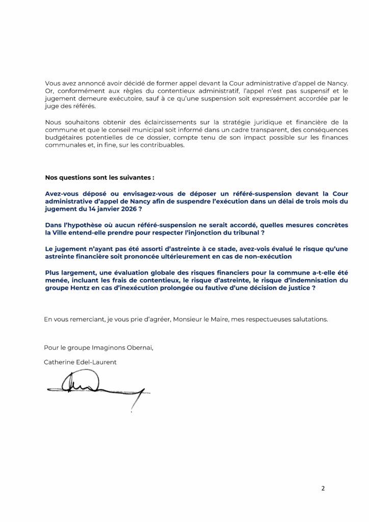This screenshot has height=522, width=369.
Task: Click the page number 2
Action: [x=323, y=488]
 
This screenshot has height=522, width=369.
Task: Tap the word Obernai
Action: [x=138, y=348]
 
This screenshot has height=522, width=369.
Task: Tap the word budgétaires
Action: [x=65, y=137]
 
